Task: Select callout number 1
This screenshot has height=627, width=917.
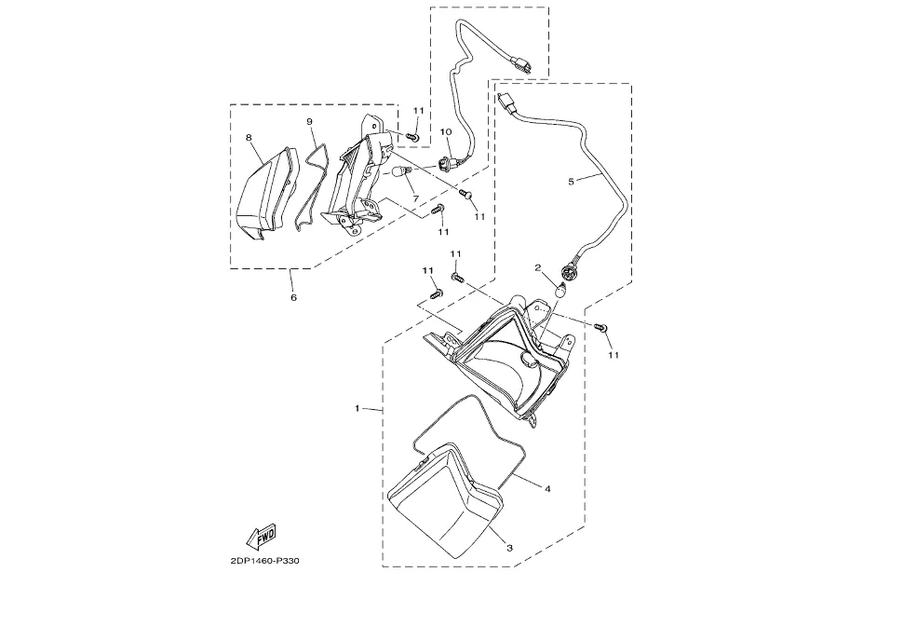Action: [358, 408]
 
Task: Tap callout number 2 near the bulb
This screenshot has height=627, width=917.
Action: [537, 268]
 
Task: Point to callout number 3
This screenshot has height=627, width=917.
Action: [509, 548]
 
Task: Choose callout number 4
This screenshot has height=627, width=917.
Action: [547, 488]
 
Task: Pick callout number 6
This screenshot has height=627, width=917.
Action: [293, 298]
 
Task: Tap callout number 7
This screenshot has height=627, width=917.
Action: [415, 198]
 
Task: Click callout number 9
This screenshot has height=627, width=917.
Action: [309, 122]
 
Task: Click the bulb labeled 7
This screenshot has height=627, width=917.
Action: [406, 174]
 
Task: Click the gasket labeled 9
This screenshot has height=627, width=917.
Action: [313, 182]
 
